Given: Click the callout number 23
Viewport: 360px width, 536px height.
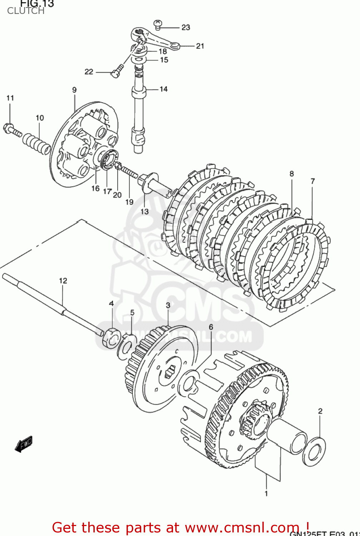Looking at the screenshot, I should tap(186, 28).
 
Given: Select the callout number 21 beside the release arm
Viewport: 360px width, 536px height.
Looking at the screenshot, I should tap(200, 46).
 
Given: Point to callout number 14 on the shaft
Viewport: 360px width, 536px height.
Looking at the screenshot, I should tap(163, 89).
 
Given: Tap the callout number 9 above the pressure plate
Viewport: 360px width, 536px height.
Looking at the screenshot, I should tap(74, 90).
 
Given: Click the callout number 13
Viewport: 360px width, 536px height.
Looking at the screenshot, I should tap(144, 212).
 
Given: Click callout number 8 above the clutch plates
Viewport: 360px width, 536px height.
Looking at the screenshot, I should tap(292, 174).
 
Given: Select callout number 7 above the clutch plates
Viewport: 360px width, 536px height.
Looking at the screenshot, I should tap(313, 181).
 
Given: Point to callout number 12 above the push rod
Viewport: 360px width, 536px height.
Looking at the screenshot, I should tap(63, 281).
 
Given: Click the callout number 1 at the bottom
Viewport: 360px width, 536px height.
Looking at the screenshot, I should tap(266, 493).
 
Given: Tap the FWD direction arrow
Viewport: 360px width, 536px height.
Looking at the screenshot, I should tap(24, 444).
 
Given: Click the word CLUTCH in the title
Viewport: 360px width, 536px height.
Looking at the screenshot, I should tap(26, 11).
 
